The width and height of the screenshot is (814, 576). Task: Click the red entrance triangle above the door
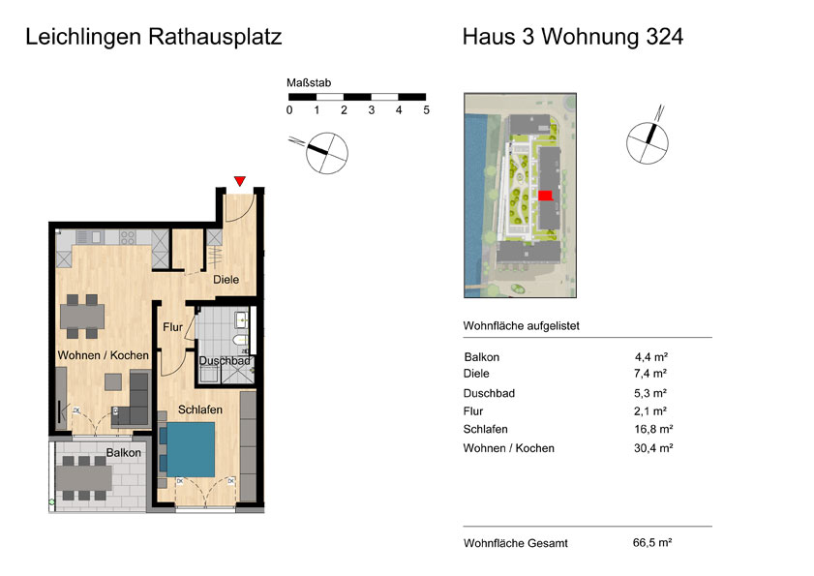[239, 181]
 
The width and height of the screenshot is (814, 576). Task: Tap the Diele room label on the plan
[226, 280]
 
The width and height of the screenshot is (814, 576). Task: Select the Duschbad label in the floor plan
[225, 360]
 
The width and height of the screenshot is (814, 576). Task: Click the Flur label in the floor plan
[173, 327]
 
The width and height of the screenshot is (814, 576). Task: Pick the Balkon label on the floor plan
[124, 453]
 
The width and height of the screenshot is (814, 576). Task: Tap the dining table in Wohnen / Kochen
[82, 316]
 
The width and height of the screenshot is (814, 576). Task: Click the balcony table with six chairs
[83, 478]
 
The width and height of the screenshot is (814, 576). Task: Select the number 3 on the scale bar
[371, 110]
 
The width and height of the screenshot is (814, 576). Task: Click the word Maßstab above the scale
[309, 82]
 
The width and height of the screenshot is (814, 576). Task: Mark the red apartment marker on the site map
[545, 196]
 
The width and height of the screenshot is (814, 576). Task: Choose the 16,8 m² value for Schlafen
[653, 429]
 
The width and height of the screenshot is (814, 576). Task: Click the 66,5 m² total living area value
[652, 543]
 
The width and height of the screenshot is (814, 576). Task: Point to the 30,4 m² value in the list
[653, 447]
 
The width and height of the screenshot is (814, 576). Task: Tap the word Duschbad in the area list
[489, 393]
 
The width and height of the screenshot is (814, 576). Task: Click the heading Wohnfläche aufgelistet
[521, 326]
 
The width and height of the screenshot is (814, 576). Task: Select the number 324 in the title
[665, 37]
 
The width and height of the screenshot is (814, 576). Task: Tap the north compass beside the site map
[648, 140]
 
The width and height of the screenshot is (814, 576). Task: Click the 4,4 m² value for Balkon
[651, 357]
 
